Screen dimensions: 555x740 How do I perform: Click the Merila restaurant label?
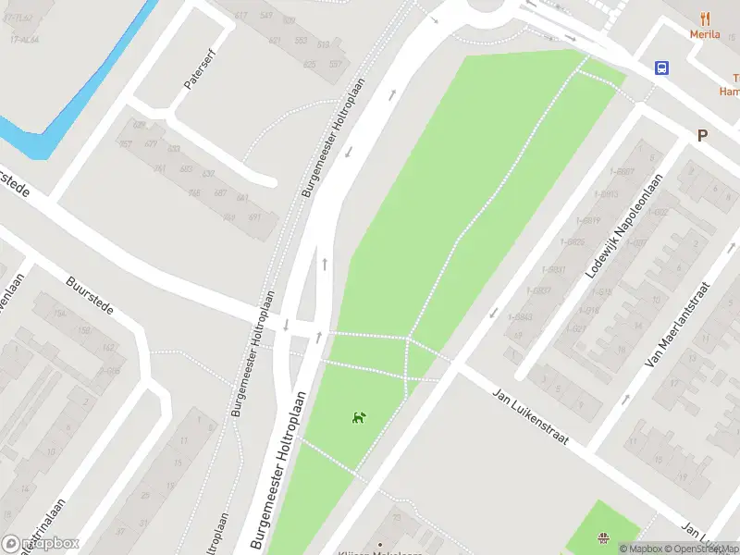(x=704, y=34)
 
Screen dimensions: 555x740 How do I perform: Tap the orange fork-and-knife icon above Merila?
(x=704, y=18)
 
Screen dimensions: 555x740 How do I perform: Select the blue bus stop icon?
(x=662, y=68)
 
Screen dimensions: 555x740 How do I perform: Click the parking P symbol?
(x=702, y=135)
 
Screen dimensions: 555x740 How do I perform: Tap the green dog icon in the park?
(x=357, y=418)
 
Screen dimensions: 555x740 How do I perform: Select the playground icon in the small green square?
(x=603, y=537)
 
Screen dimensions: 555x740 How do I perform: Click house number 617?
(x=241, y=16)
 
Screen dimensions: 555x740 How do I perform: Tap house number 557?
(x=335, y=65)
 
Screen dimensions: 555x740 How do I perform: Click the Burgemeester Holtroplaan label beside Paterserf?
(x=334, y=138)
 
